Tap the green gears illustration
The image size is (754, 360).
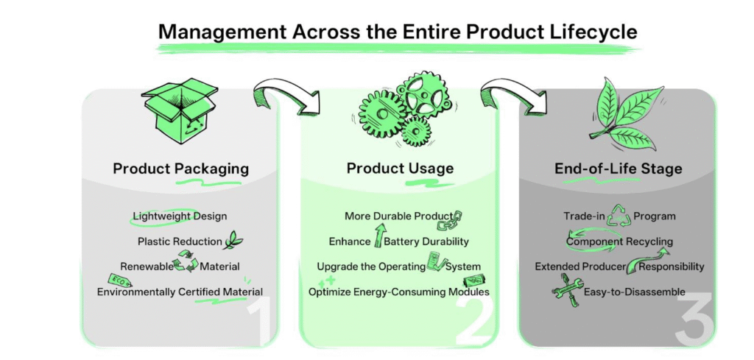tap(404, 110)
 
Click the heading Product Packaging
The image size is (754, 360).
tap(181, 169)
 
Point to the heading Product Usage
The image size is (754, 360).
tap(400, 169)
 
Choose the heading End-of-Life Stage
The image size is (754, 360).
tap(618, 169)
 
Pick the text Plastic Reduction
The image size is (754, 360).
tap(180, 241)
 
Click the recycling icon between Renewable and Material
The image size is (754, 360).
tap(186, 261)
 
